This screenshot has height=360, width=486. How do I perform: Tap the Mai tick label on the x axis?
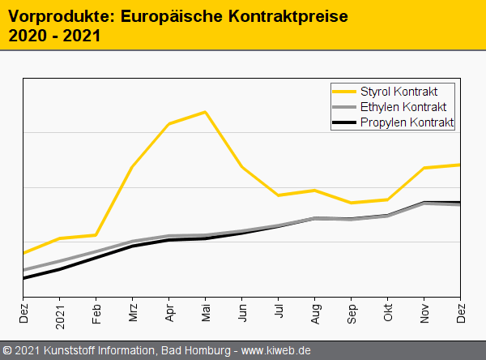(206, 312)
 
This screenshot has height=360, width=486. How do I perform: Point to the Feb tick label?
(96, 312)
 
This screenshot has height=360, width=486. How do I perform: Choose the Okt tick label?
(388, 312)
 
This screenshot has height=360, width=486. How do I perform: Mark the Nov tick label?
(424, 312)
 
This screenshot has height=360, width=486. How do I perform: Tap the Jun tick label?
(242, 312)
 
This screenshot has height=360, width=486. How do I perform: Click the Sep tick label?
(352, 312)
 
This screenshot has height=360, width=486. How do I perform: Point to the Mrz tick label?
(133, 312)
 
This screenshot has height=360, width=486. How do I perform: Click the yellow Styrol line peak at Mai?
(206, 112)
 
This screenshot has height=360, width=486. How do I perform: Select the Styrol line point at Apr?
(168, 124)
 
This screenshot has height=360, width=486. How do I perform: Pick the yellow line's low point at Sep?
(351, 203)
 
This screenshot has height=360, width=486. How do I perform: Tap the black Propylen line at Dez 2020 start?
(24, 278)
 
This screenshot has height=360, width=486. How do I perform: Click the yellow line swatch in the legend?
(345, 91)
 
